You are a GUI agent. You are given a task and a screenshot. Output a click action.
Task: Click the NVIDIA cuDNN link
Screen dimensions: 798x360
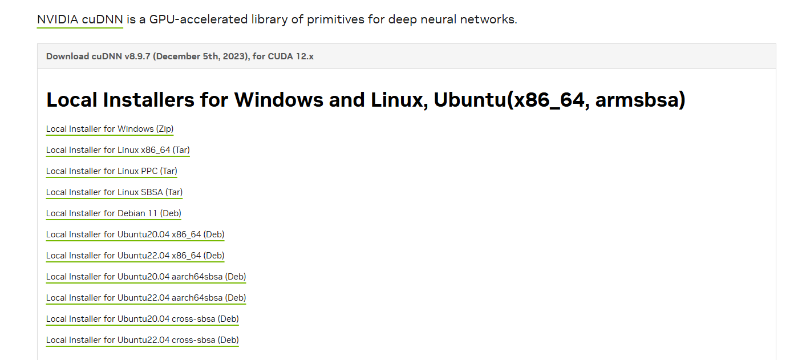pyautogui.click(x=80, y=19)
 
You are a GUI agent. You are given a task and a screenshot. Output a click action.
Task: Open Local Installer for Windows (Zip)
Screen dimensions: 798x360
pyautogui.click(x=110, y=129)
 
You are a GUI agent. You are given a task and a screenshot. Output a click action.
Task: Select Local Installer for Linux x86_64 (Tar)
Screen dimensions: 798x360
pyautogui.click(x=118, y=149)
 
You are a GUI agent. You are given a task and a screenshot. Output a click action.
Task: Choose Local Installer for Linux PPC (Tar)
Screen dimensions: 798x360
pyautogui.click(x=111, y=171)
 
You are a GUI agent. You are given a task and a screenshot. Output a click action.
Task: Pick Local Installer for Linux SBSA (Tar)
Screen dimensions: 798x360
pyautogui.click(x=114, y=192)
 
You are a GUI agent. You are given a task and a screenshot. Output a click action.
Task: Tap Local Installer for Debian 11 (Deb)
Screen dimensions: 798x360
pyautogui.click(x=114, y=213)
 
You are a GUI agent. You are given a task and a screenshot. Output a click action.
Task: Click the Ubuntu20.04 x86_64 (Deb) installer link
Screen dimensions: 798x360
pyautogui.click(x=135, y=234)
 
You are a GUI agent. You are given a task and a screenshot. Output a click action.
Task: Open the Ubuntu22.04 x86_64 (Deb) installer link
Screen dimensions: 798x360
pyautogui.click(x=135, y=256)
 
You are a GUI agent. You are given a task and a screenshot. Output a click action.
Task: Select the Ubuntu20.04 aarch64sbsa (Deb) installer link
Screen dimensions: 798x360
pyautogui.click(x=146, y=277)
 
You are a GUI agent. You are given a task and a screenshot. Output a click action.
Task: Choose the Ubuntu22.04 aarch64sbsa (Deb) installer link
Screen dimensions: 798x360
pyautogui.click(x=146, y=298)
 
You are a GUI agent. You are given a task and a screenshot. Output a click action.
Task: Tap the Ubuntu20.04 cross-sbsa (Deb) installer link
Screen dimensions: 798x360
pyautogui.click(x=143, y=319)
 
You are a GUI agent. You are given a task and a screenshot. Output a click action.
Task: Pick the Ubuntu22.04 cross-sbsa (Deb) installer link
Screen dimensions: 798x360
pyautogui.click(x=143, y=340)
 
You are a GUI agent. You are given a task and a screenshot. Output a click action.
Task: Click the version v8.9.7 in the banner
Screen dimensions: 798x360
pyautogui.click(x=137, y=56)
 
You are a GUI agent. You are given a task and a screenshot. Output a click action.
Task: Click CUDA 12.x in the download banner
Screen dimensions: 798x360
pyautogui.click(x=291, y=56)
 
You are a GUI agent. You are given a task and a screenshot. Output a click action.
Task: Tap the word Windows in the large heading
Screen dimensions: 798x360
pyautogui.click(x=278, y=99)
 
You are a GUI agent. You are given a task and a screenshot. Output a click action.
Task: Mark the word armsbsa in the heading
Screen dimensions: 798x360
pyautogui.click(x=637, y=99)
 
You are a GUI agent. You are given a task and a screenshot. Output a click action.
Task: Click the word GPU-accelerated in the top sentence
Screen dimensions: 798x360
pyautogui.click(x=198, y=19)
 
